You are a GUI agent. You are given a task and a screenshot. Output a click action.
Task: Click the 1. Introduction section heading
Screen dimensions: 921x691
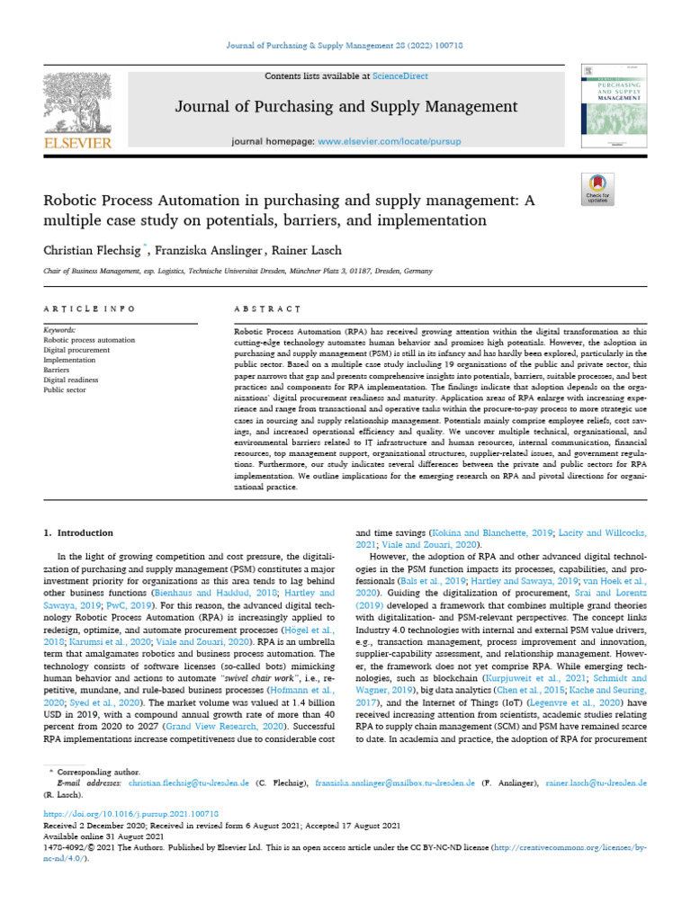click(79, 532)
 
